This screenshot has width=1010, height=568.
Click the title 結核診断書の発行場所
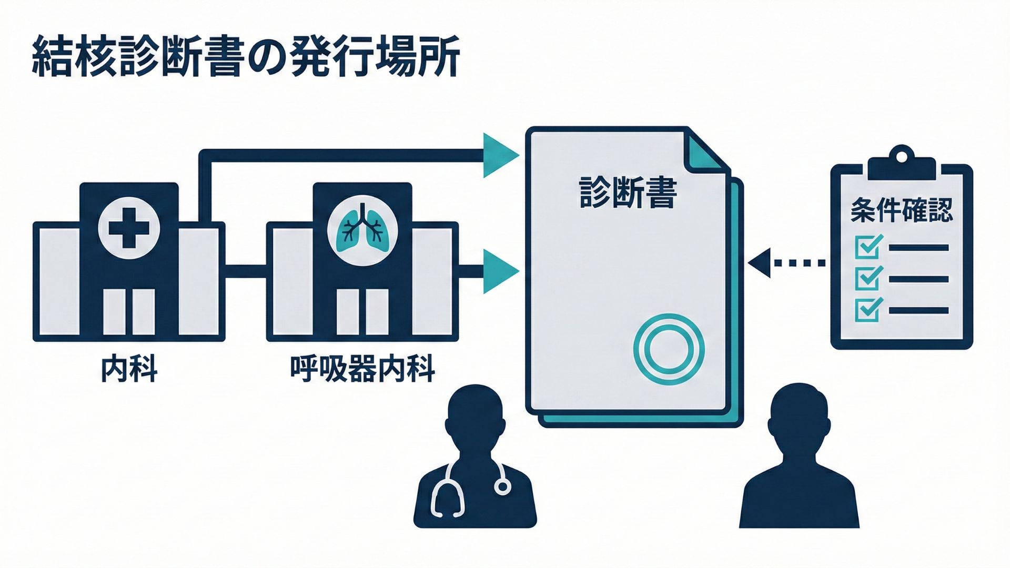point(246,57)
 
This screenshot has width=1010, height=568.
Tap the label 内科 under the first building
point(129,369)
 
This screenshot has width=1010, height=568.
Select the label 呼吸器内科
point(362,369)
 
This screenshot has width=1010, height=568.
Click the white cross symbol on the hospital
point(129,228)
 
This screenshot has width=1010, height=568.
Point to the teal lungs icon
point(362,227)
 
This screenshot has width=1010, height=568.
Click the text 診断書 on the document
point(628,193)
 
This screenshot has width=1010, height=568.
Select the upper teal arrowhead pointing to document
point(500,155)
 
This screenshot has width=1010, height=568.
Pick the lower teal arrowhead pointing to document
point(500,271)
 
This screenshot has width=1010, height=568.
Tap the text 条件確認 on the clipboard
point(901,210)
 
